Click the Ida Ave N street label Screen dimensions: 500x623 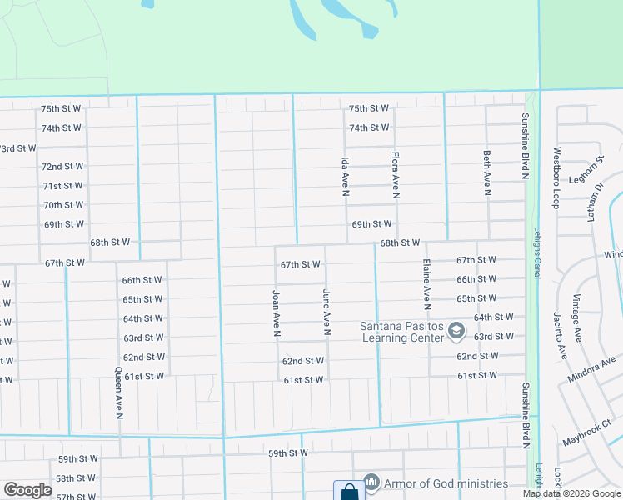point(344,176)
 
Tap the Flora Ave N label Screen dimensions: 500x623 point(397,175)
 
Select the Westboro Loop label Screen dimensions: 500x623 point(556,177)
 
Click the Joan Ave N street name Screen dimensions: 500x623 point(275,313)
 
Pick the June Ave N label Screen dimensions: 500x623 point(326,312)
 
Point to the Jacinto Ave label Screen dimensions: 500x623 point(558,337)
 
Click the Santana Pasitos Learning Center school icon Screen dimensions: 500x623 point(456,332)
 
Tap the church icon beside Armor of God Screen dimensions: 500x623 point(372,482)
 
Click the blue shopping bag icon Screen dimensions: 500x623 point(349,491)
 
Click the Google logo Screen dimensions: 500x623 point(27,490)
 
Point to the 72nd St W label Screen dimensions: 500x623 point(62,167)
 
